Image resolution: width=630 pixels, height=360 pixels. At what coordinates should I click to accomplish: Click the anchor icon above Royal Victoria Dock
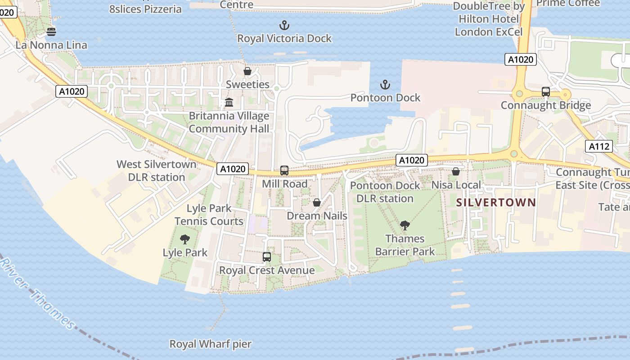tap(284, 25)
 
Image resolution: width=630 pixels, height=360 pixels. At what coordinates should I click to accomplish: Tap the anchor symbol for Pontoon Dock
tap(385, 85)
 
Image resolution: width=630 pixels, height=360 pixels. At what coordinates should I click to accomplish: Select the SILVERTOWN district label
tap(496, 202)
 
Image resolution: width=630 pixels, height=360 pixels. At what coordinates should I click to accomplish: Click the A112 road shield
tap(599, 146)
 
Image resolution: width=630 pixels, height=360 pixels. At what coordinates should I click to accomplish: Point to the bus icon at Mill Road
tap(284, 171)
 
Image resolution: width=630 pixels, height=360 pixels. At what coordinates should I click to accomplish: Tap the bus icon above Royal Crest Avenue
tap(267, 257)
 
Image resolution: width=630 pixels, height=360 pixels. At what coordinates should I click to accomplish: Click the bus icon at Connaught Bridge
tap(546, 92)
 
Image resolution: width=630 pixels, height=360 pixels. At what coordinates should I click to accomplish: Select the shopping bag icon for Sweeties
tap(247, 71)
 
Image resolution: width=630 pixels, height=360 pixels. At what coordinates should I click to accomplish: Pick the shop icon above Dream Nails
tap(317, 202)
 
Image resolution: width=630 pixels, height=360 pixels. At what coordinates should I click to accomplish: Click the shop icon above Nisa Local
tap(456, 171)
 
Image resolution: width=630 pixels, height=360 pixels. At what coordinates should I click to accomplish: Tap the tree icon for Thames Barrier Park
tap(405, 225)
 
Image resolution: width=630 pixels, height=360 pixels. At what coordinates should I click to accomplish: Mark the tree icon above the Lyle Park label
tap(184, 239)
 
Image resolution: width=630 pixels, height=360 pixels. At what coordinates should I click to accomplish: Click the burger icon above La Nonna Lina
tap(51, 32)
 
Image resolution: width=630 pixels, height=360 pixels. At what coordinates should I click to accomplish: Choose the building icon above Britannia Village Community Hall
tap(229, 103)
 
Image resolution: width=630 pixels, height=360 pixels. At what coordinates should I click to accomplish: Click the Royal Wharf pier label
tap(210, 344)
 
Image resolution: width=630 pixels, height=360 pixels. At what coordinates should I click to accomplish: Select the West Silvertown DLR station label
tap(157, 171)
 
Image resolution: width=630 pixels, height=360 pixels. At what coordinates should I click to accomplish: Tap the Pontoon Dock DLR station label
tap(385, 192)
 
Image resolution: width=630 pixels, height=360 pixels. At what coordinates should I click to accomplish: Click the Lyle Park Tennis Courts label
tap(209, 215)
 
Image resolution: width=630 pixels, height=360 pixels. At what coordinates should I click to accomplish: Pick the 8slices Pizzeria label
tap(145, 9)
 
